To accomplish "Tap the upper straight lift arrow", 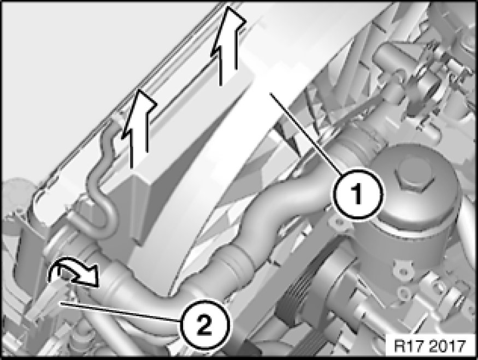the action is [228, 46].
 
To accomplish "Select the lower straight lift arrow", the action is [139, 128].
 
